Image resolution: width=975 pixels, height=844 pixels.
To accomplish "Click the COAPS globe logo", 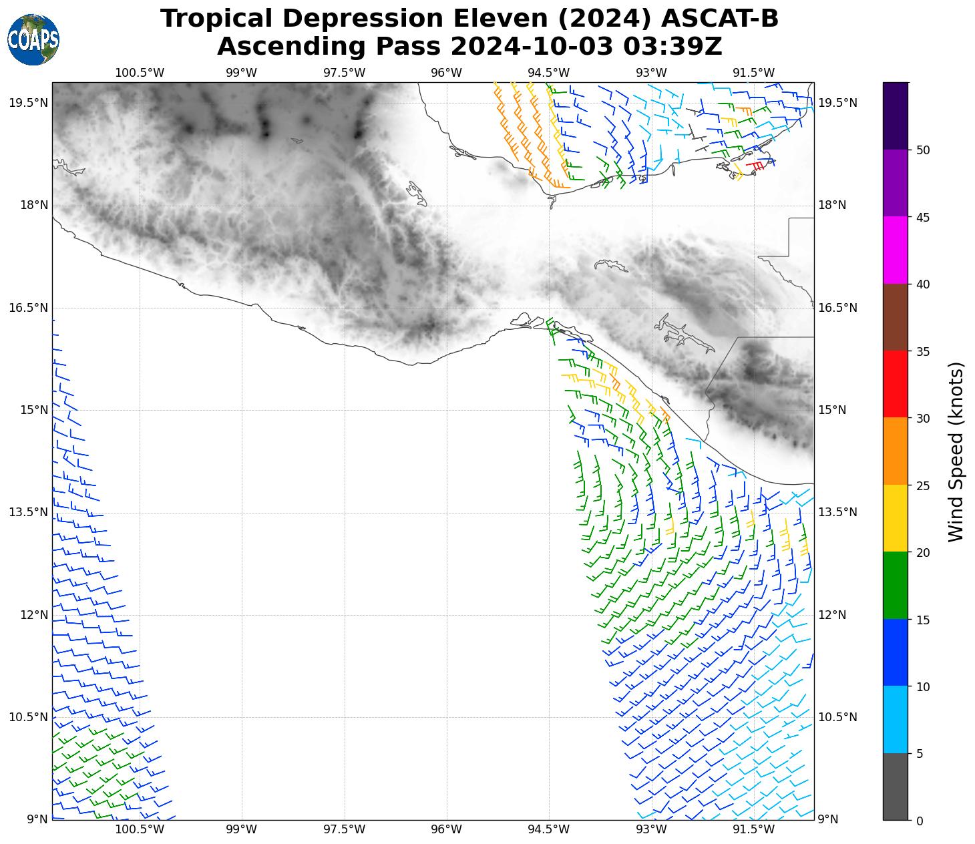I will [33, 39].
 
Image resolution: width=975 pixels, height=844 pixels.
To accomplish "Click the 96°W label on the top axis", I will [446, 73].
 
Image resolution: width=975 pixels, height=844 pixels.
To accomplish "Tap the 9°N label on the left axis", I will [37, 820].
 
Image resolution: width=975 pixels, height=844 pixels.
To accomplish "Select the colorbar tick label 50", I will [924, 150].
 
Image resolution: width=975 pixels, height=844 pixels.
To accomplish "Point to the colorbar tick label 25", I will [924, 486].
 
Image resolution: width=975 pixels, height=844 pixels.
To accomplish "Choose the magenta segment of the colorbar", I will [895, 250].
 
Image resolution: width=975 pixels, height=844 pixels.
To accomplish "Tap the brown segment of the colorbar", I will [895, 317].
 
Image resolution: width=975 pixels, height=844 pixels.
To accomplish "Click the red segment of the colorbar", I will [895, 385].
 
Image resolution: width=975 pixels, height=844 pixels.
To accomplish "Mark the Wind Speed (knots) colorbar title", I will [956, 451].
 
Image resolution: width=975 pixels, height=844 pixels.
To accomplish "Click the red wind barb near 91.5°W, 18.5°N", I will [755, 164].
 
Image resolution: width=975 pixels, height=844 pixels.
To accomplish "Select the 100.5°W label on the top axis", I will [140, 73].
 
